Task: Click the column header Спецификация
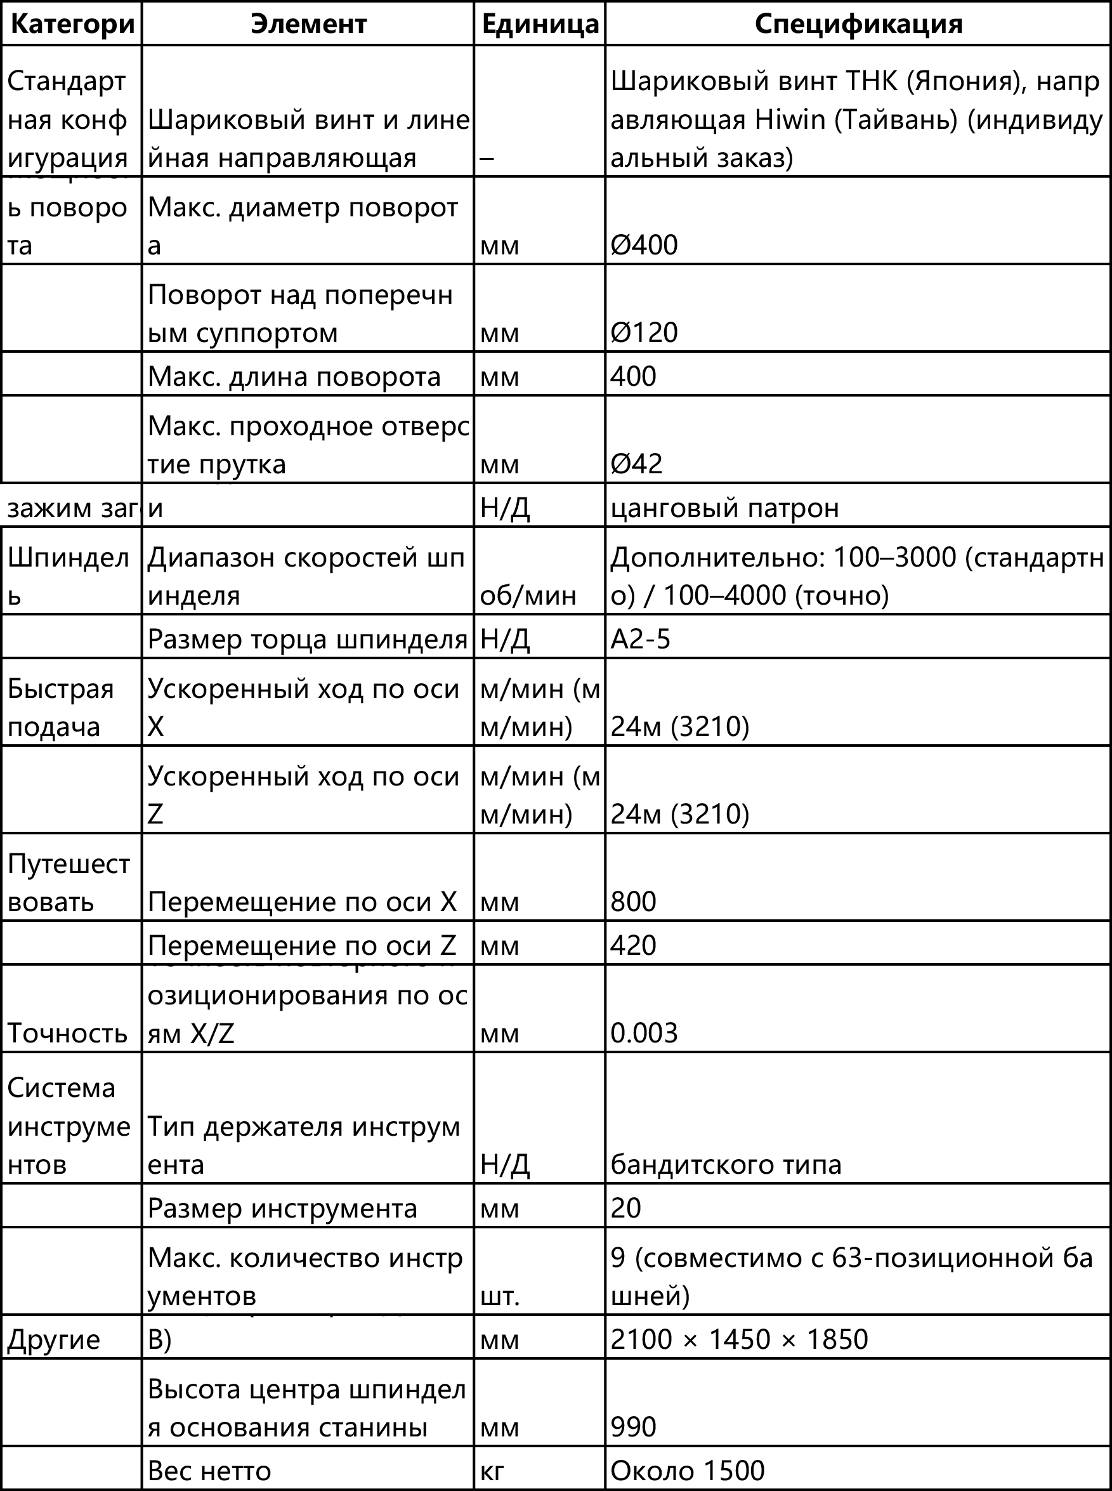(x=858, y=24)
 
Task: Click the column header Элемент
(x=308, y=24)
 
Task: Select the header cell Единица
(x=540, y=24)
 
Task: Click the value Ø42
(x=636, y=463)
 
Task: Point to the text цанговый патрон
(x=724, y=507)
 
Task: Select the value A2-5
(x=640, y=638)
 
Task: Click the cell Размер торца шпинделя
(x=307, y=638)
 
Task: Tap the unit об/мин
(x=528, y=595)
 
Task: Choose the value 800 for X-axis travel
(x=632, y=902)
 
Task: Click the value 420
(x=632, y=945)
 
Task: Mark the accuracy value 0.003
(x=643, y=1032)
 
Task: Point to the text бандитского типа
(x=726, y=1164)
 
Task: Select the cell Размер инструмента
(x=282, y=1207)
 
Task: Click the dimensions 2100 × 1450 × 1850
(x=738, y=1339)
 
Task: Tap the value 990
(x=632, y=1426)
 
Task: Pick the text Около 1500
(x=687, y=1470)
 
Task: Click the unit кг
(x=492, y=1470)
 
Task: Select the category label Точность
(x=67, y=1032)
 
